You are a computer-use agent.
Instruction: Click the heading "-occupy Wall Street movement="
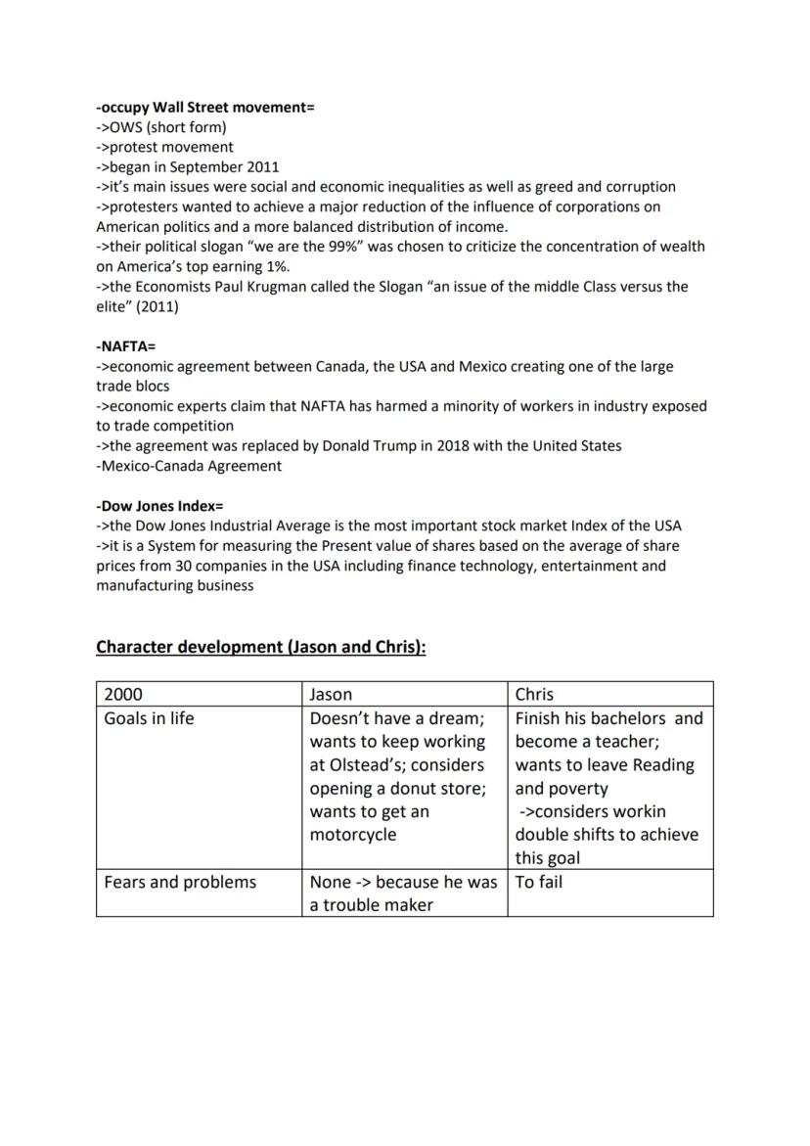(x=205, y=107)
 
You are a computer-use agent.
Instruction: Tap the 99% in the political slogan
(x=343, y=247)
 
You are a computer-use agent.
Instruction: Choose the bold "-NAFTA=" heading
(x=125, y=346)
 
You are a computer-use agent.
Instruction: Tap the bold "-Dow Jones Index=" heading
(x=159, y=506)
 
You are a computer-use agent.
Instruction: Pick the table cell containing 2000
(x=123, y=694)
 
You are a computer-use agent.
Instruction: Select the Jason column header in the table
(x=331, y=694)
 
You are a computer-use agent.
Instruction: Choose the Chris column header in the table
(x=534, y=694)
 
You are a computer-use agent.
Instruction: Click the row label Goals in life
(x=149, y=717)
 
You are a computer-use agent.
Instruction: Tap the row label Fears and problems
(x=180, y=882)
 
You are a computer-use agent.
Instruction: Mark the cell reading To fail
(x=539, y=882)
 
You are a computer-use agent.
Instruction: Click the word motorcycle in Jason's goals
(x=353, y=835)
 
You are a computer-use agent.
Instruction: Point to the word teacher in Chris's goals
(x=625, y=741)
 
